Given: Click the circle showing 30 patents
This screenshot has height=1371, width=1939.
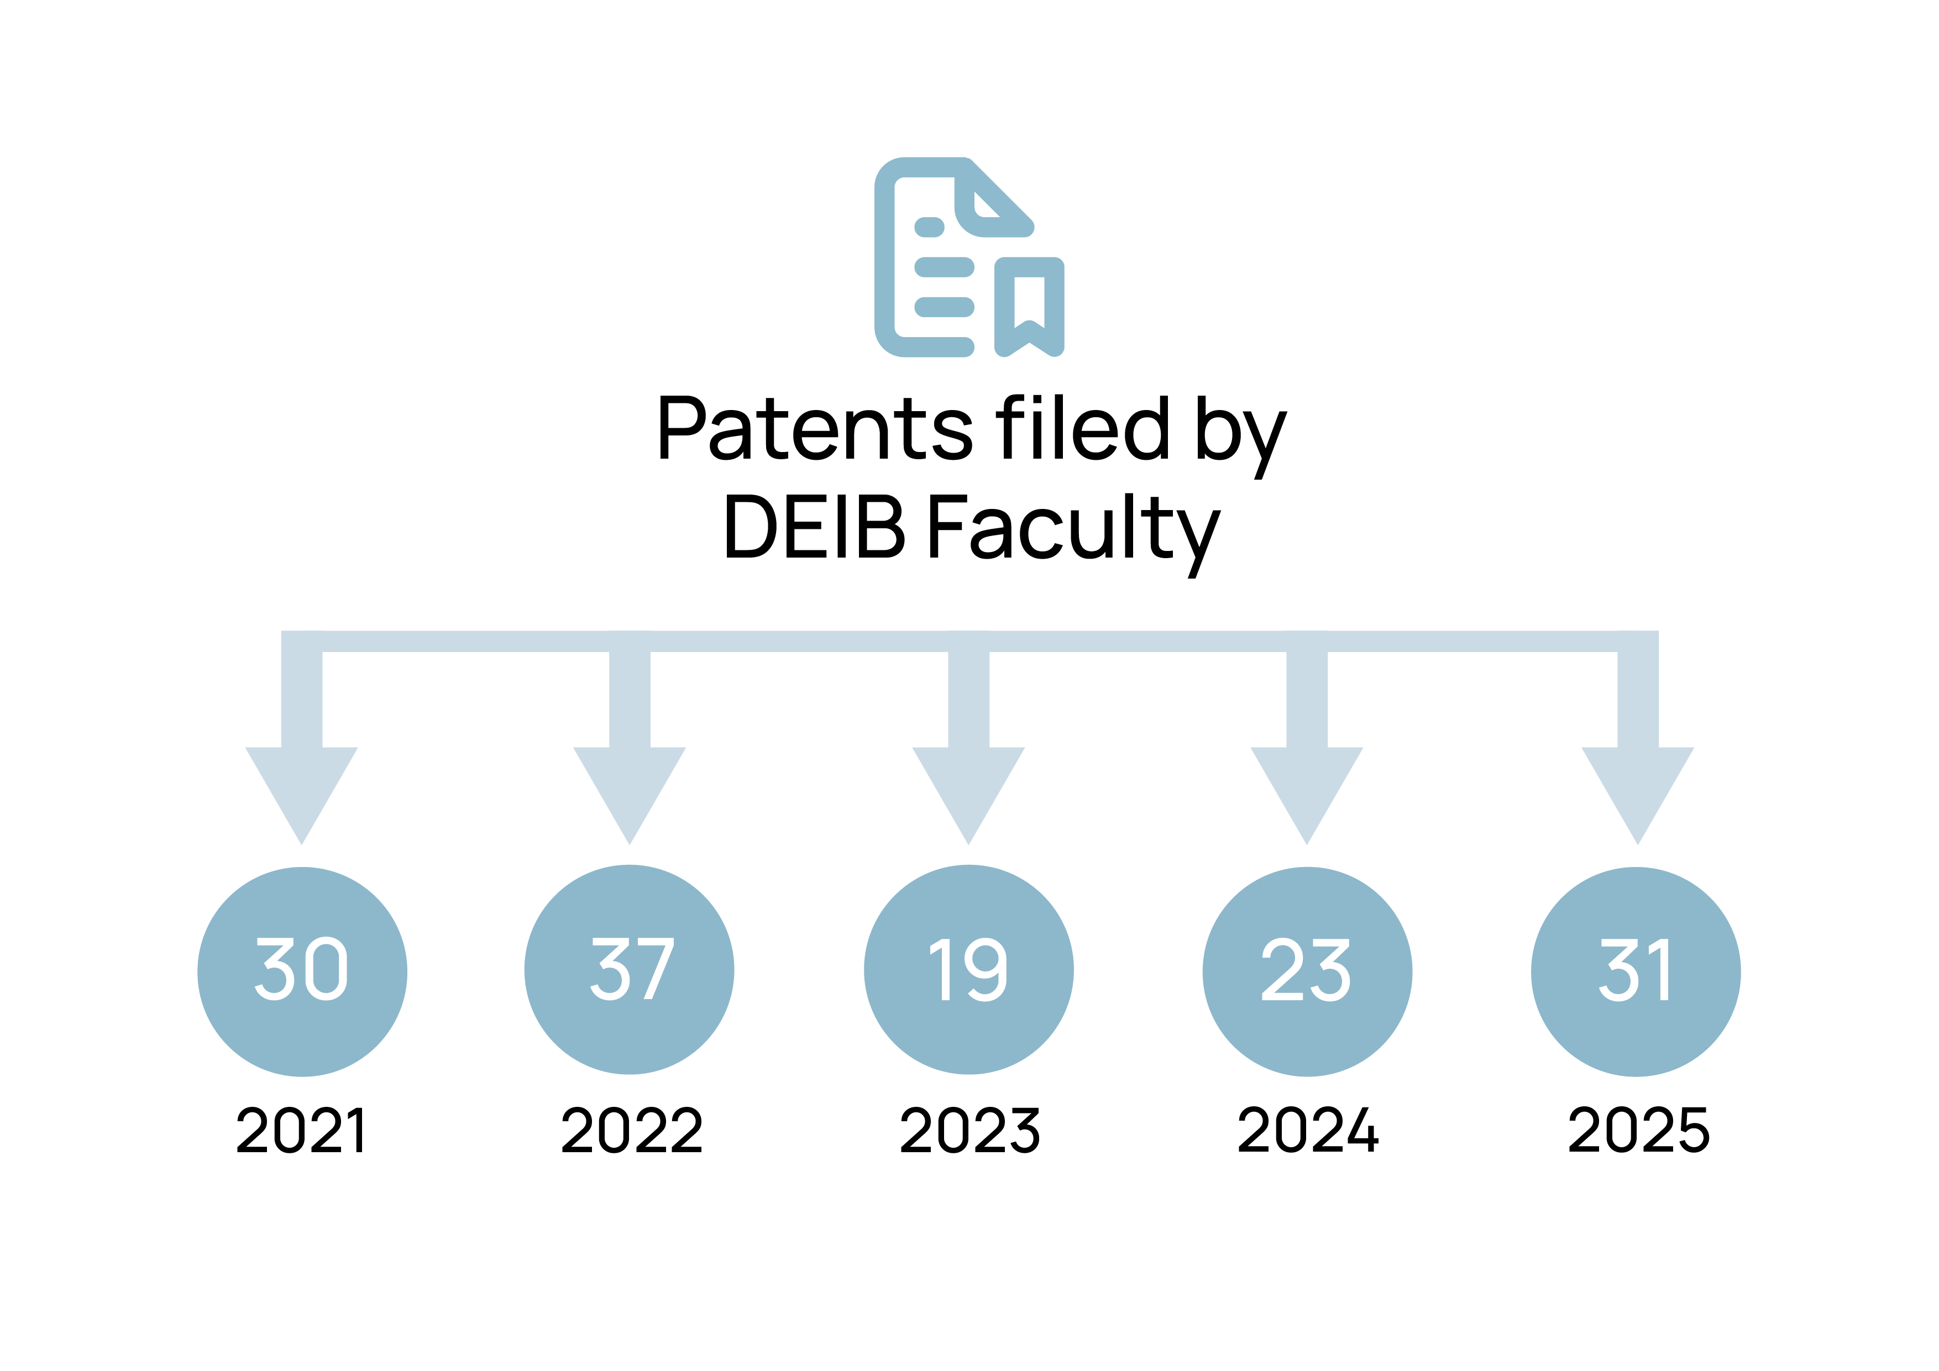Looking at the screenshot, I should point(302,971).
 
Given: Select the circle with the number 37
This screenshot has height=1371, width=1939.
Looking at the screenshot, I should point(629,970).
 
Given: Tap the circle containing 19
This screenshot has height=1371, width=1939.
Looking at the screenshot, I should point(968,970).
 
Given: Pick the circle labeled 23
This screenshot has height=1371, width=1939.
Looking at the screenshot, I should point(1307,971).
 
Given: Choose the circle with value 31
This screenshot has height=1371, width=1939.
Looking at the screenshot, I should point(1636,971).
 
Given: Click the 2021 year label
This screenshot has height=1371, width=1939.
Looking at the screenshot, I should point(301,1131).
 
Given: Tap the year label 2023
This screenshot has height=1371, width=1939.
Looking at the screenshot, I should point(969,1131).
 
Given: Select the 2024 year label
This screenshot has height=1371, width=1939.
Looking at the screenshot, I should point(1307,1131).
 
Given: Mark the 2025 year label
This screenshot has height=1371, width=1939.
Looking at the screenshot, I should point(1638,1131).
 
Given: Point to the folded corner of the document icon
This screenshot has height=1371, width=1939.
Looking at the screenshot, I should point(988,203).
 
